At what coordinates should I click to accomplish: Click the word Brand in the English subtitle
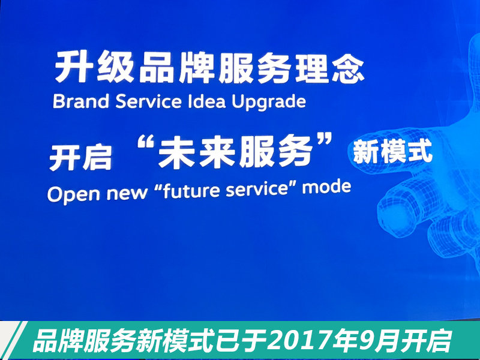tap(81, 101)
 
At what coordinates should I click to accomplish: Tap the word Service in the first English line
tap(148, 101)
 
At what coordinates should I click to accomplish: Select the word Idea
tap(206, 101)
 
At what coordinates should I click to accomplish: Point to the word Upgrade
tap(269, 102)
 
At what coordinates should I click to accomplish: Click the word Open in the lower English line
tap(73, 194)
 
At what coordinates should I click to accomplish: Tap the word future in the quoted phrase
tap(191, 191)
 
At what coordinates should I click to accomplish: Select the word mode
tap(326, 187)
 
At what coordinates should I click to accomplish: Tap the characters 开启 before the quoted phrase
tap(80, 157)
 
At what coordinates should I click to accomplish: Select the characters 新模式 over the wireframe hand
tap(392, 152)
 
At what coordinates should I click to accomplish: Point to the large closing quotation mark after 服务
tap(323, 140)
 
